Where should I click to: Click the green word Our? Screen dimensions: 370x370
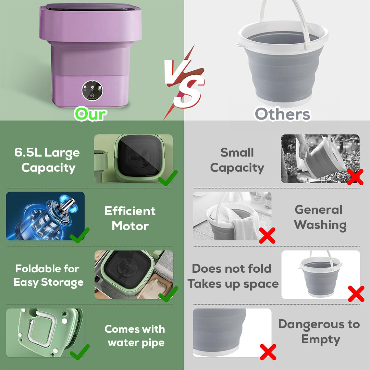[90, 114]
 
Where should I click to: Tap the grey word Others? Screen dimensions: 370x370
[283, 114]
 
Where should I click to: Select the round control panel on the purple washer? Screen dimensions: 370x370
[91, 90]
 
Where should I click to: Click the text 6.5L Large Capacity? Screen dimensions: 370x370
[47, 160]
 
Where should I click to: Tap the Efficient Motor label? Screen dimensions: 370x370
[130, 219]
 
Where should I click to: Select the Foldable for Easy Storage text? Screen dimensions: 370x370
[48, 275]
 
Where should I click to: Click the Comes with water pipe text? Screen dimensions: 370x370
[135, 336]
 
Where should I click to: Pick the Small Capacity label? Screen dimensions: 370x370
[237, 160]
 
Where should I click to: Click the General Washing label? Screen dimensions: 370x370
[320, 217]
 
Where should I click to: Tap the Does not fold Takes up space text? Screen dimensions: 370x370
[233, 276]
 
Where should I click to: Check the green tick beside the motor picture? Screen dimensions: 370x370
[79, 235]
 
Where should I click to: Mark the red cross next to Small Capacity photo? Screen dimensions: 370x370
[355, 177]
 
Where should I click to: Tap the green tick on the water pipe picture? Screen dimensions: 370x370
[79, 352]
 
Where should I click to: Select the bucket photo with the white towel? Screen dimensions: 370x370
[232, 216]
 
